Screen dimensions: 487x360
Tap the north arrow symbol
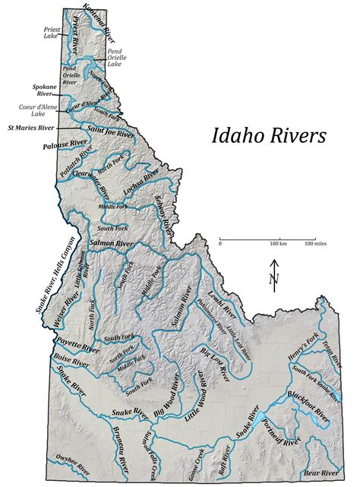(x=274, y=280)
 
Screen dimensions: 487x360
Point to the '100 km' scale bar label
(x=276, y=244)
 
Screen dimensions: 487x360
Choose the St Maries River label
(x=31, y=128)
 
